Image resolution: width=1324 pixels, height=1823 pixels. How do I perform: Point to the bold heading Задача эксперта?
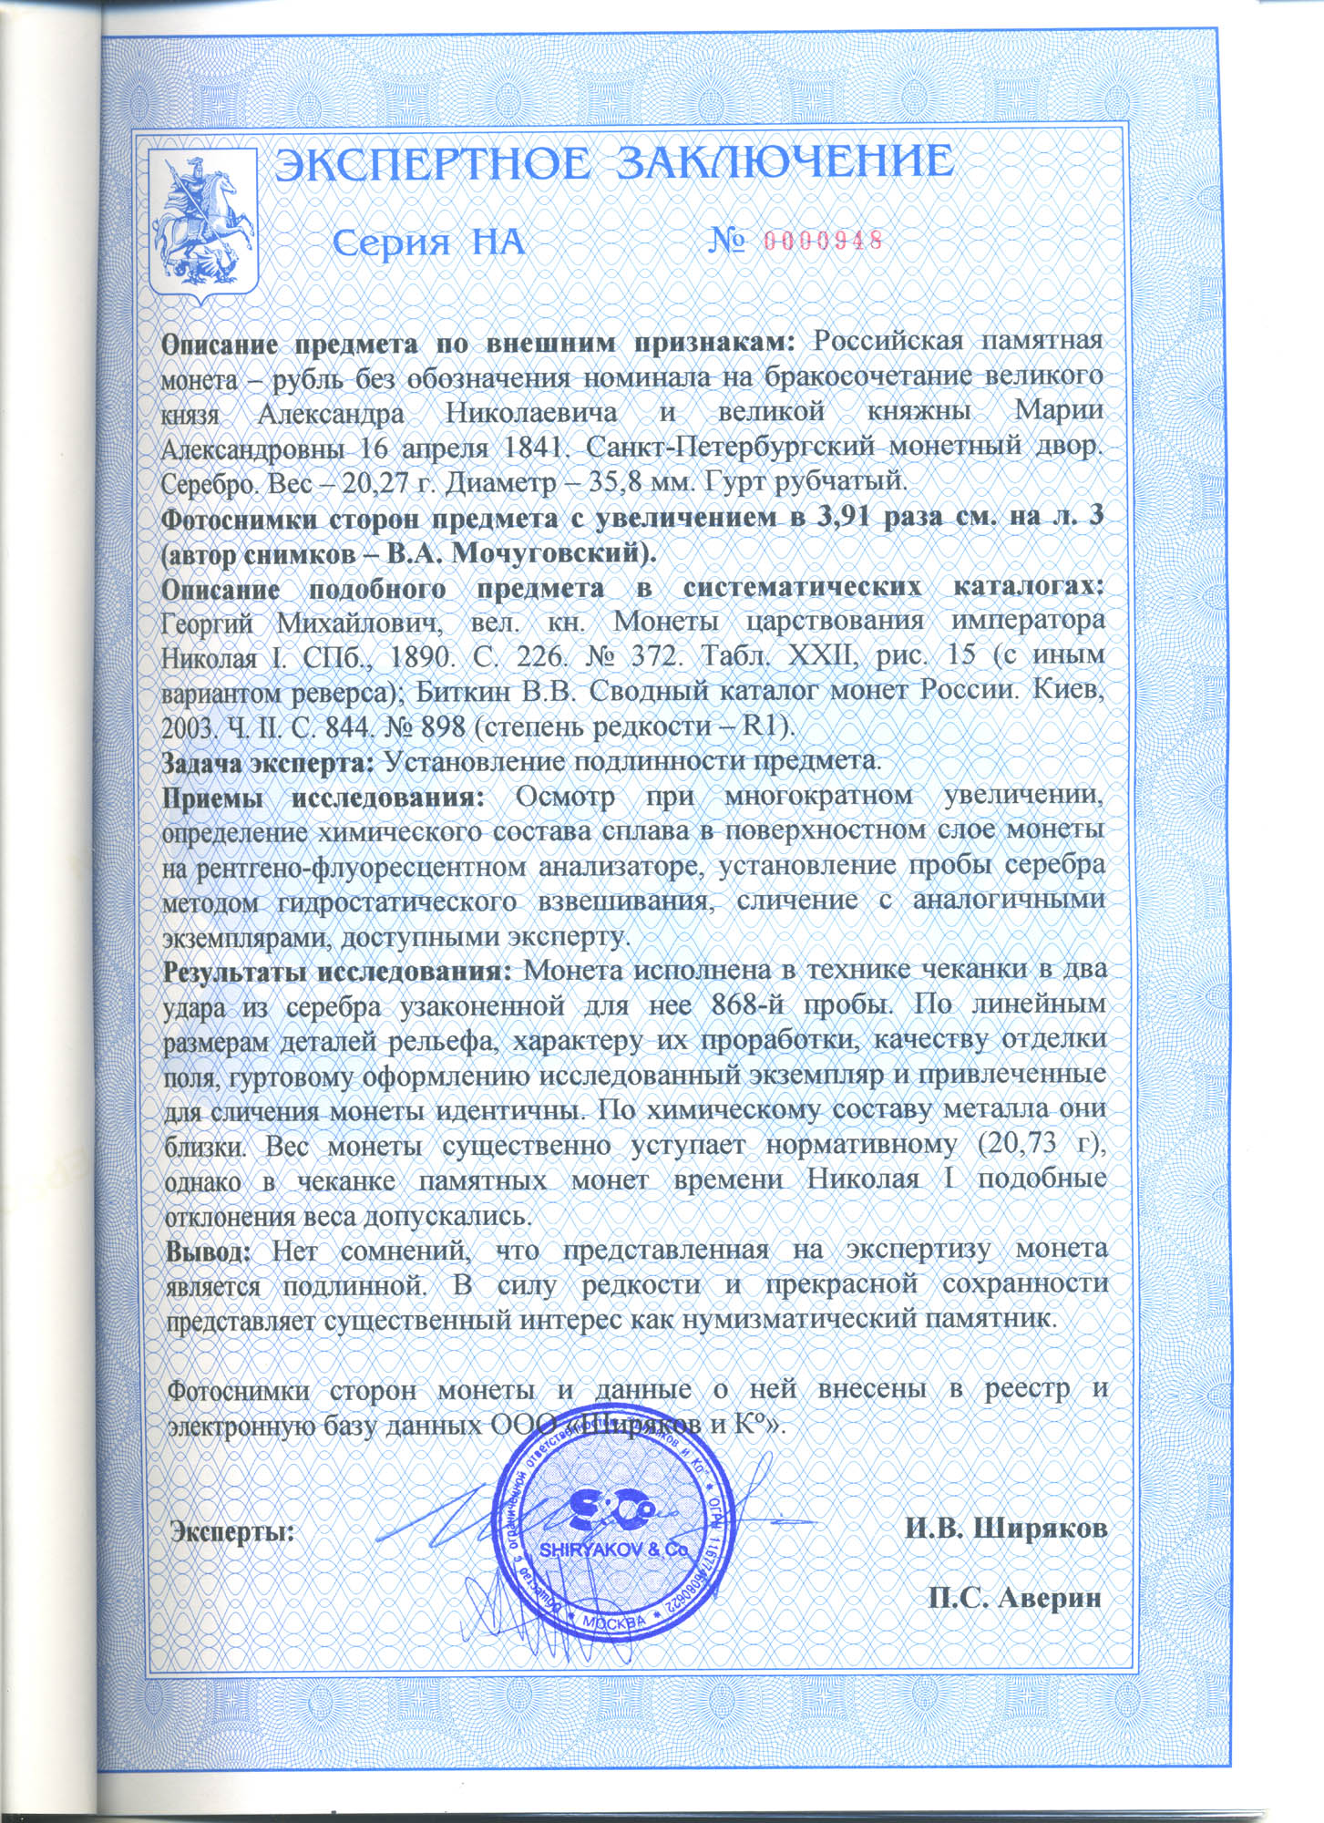tap(267, 761)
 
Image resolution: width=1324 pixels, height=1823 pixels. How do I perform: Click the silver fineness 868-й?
tap(749, 1004)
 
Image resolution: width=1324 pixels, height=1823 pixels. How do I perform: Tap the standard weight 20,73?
tap(1020, 1144)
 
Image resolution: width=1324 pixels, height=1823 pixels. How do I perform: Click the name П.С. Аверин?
tap(1014, 1599)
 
